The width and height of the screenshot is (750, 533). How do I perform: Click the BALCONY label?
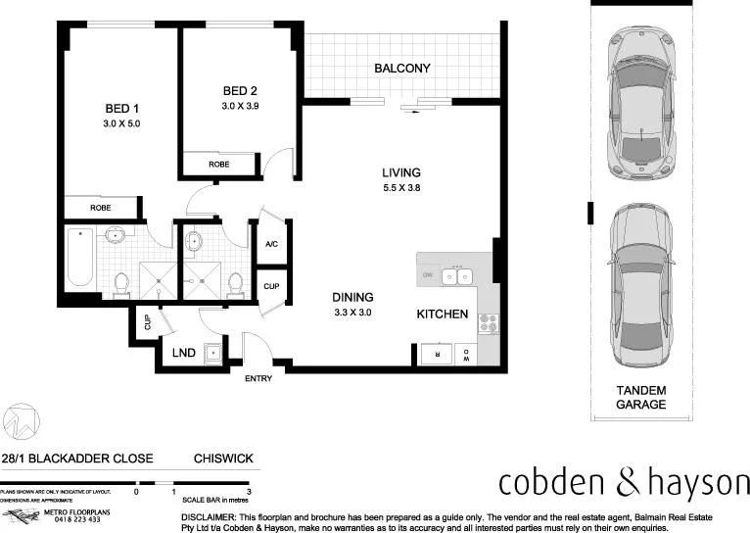click(402, 69)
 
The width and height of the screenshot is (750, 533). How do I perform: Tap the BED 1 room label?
click(122, 109)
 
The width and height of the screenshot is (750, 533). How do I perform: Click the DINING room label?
click(353, 297)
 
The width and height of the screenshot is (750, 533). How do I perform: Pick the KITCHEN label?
click(443, 315)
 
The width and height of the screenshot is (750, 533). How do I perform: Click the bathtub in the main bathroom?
click(80, 257)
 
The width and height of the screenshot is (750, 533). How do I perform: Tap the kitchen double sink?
click(456, 277)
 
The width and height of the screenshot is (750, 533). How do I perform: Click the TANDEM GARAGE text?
click(641, 397)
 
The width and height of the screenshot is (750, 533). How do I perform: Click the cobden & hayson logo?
click(623, 482)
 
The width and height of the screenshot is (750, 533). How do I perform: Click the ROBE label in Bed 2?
click(218, 165)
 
